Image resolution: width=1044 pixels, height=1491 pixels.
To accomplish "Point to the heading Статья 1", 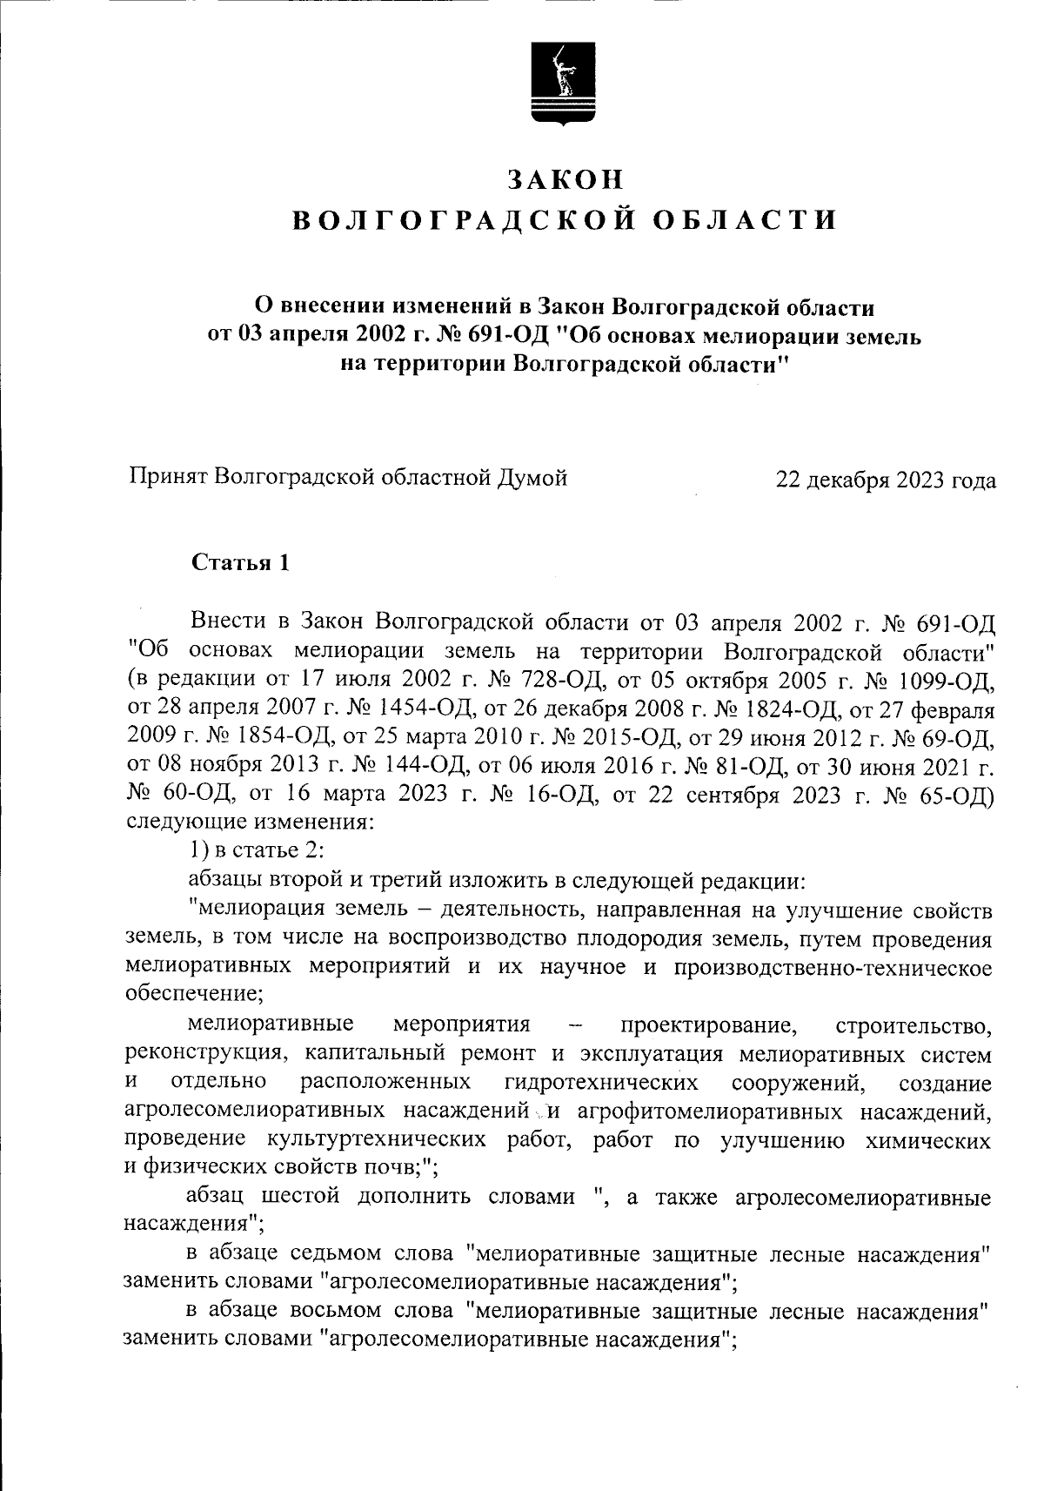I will click(239, 562).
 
